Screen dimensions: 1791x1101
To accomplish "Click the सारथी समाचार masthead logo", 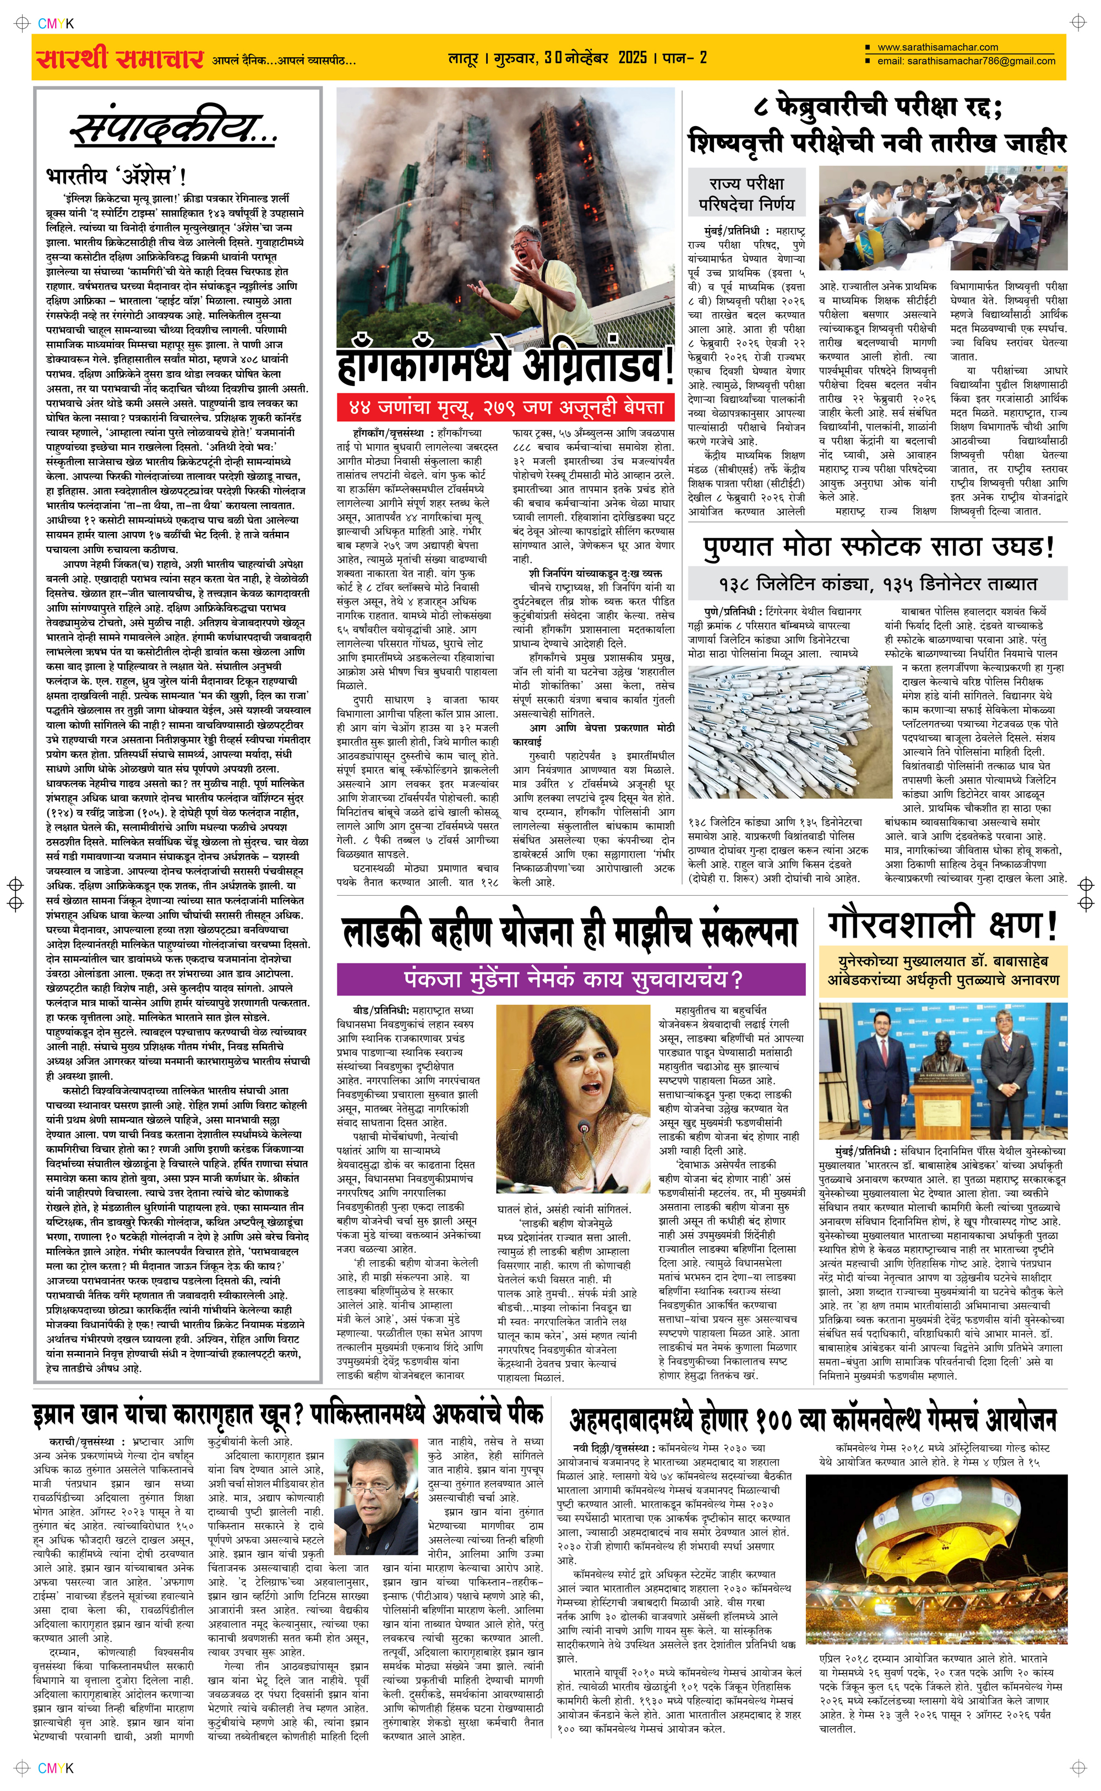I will pyautogui.click(x=119, y=58).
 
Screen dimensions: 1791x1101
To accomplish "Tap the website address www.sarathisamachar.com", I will pyautogui.click(x=938, y=47).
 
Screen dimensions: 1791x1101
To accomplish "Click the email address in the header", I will pyautogui.click(x=966, y=61).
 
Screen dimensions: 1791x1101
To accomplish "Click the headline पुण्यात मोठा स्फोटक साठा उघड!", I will pyautogui.click(x=878, y=547).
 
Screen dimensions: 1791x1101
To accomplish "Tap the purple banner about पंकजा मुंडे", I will pyautogui.click(x=571, y=980).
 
